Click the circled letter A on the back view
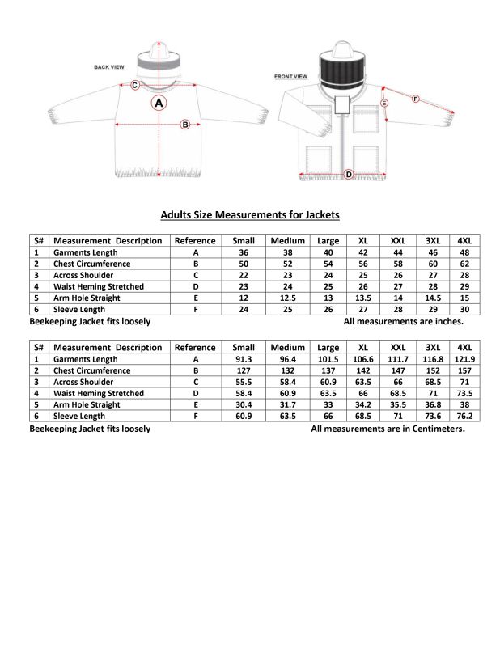click(159, 103)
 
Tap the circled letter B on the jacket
click(184, 125)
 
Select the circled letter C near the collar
click(135, 85)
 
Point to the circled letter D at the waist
click(349, 175)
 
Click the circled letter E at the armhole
click(383, 104)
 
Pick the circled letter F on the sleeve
click(415, 99)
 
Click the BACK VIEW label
click(108, 67)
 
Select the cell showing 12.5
click(287, 298)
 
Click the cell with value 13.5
click(363, 298)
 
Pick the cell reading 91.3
click(243, 359)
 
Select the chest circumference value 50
click(243, 264)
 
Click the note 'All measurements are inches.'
click(403, 321)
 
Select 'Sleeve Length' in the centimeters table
click(79, 416)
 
